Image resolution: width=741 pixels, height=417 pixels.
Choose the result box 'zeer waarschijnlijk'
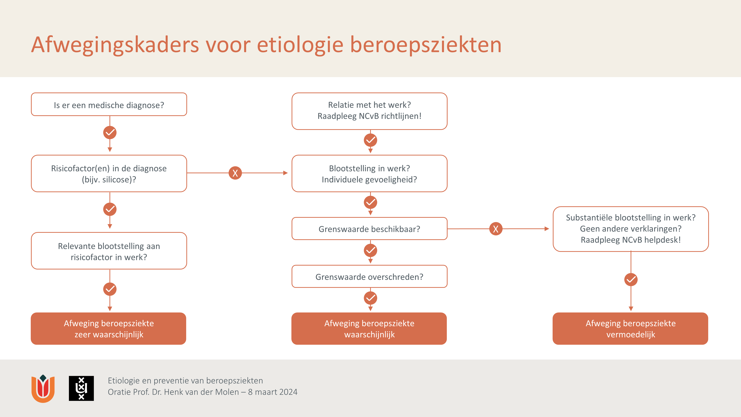109,329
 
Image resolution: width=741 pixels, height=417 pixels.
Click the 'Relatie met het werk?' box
369,111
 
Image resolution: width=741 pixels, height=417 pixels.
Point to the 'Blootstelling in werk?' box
369,173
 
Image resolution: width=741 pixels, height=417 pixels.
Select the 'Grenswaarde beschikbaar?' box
369,229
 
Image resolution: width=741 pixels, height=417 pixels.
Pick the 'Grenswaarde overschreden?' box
369,277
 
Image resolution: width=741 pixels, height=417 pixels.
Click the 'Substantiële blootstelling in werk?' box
631,229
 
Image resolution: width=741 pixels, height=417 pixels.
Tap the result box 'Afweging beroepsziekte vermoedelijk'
631,329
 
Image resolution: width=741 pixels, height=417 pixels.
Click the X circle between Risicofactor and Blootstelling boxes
235,173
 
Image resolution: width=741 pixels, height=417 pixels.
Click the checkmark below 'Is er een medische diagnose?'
110,132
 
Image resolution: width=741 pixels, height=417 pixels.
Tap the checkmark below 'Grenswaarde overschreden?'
370,298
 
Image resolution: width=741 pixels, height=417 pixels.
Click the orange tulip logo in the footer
43,388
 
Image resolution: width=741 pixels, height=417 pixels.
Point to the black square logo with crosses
81,388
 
